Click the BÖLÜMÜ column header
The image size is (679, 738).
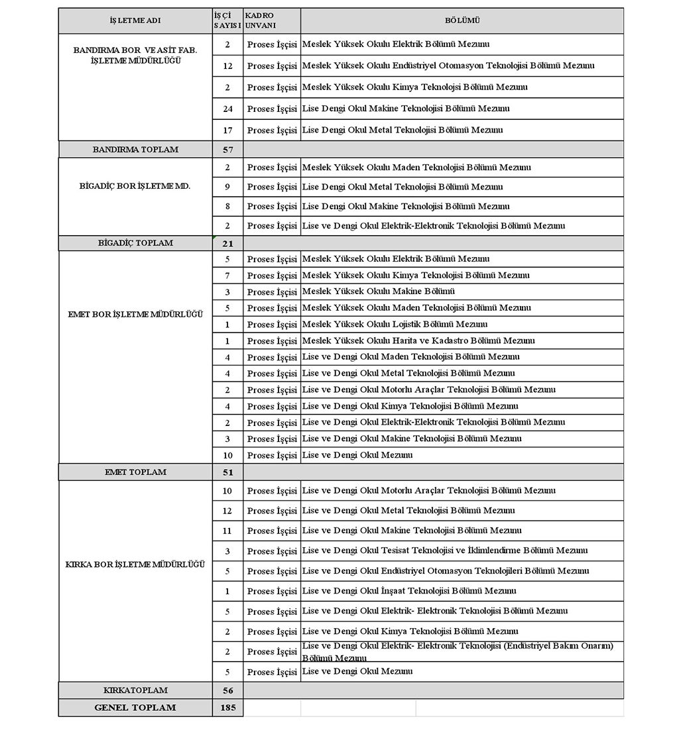click(462, 21)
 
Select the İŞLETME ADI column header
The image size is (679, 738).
click(135, 21)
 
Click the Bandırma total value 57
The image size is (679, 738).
click(227, 150)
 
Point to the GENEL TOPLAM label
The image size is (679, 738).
click(135, 708)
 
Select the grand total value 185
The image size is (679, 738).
click(227, 708)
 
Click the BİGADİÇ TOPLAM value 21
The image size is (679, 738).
click(227, 243)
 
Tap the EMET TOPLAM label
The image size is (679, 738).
click(135, 472)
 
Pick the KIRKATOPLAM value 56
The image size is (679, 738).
click(227, 690)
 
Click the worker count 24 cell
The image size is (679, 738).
click(227, 109)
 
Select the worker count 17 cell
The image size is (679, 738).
click(227, 130)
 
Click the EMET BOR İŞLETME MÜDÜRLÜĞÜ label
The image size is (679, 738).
click(135, 314)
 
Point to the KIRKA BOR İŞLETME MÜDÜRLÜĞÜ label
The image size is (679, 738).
click(135, 564)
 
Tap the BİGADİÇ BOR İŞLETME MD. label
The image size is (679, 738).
click(135, 186)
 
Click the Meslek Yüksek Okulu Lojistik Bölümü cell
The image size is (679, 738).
click(395, 325)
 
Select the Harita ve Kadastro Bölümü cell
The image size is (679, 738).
click(418, 341)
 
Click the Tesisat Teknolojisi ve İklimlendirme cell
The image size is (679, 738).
click(444, 551)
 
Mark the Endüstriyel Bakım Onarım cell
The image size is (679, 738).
click(458, 652)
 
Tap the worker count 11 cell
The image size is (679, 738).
click(227, 531)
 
